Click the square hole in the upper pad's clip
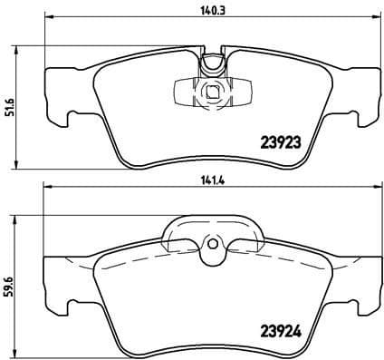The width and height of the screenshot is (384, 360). (x=211, y=91)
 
